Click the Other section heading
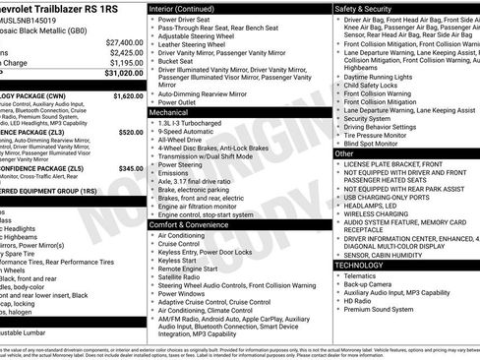(344, 153)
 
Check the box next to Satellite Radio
(152, 277)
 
